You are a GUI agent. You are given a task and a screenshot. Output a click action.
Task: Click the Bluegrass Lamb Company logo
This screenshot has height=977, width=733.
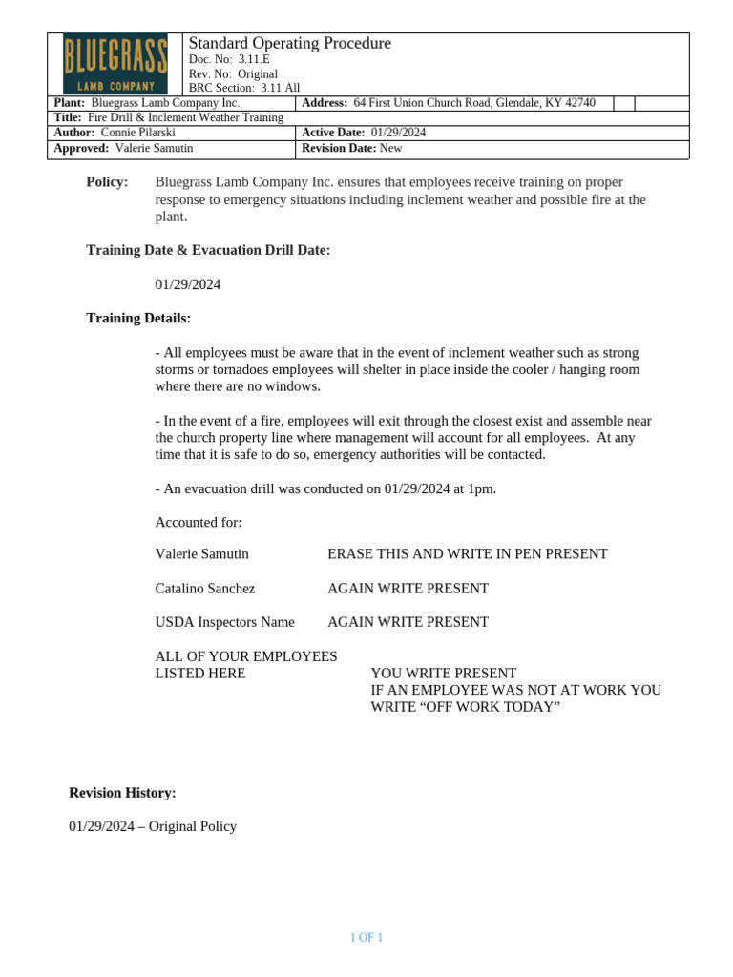pos(115,64)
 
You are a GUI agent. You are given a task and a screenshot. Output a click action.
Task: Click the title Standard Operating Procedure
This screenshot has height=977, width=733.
pos(290,43)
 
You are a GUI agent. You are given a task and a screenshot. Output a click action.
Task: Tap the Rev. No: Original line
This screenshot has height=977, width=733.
pos(233,73)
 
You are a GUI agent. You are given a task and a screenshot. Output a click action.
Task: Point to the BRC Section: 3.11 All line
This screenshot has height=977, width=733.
pos(244,88)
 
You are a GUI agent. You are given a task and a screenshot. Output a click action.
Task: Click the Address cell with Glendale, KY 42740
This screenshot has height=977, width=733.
pos(473,103)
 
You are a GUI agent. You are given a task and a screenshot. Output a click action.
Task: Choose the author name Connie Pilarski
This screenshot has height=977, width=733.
pos(137,133)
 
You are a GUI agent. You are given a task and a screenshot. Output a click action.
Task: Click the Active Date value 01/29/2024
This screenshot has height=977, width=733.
pos(398,133)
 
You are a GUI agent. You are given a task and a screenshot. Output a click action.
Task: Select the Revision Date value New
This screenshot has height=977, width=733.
pos(391,148)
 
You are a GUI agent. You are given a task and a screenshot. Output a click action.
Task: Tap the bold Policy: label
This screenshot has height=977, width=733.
pos(107,182)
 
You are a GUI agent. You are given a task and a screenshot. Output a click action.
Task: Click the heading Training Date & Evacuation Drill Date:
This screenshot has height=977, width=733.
pos(208,250)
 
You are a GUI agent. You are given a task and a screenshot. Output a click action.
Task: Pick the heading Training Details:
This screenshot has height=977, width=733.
pos(138,318)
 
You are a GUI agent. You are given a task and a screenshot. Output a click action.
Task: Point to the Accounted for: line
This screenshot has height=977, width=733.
pos(199,522)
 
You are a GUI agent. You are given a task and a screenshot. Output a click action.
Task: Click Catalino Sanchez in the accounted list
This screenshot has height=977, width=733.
pos(205,588)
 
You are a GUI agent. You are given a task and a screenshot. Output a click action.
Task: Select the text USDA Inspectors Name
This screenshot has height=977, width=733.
pos(225,622)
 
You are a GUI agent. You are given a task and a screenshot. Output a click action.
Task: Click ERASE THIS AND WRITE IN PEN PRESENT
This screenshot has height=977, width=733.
pos(468,553)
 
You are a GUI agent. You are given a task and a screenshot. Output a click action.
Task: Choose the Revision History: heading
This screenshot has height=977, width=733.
pos(122,793)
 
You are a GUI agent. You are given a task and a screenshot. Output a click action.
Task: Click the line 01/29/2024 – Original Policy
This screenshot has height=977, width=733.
pos(153,826)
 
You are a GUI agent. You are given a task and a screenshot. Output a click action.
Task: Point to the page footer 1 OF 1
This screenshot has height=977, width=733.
pos(366,938)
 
